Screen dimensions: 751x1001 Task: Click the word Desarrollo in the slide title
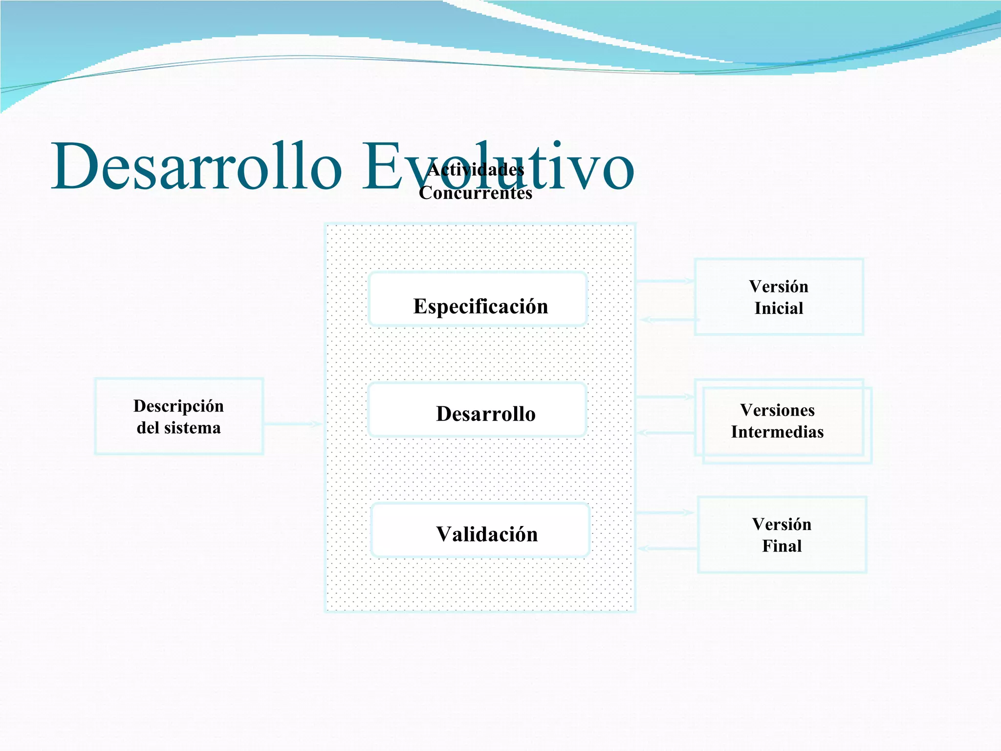click(196, 166)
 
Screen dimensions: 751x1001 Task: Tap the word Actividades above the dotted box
click(476, 170)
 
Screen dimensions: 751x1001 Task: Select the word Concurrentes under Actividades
click(476, 193)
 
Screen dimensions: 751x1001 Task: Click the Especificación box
click(478, 300)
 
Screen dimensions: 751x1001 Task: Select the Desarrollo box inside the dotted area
click(478, 410)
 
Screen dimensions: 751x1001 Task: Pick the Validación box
click(480, 530)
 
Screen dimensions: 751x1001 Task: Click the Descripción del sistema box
click(179, 417)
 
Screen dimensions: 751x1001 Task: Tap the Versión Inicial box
click(779, 297)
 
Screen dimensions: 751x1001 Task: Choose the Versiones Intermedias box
click(782, 421)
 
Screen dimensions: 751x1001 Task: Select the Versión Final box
click(782, 535)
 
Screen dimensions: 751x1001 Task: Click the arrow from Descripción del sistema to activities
click(292, 424)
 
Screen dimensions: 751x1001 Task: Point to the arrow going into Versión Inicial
click(665, 281)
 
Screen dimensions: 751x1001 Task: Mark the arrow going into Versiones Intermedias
click(665, 397)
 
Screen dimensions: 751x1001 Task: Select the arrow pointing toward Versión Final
click(665, 512)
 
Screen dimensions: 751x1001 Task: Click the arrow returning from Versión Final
click(668, 549)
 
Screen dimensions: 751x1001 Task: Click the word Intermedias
click(777, 432)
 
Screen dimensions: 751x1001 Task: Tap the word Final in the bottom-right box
click(782, 546)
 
